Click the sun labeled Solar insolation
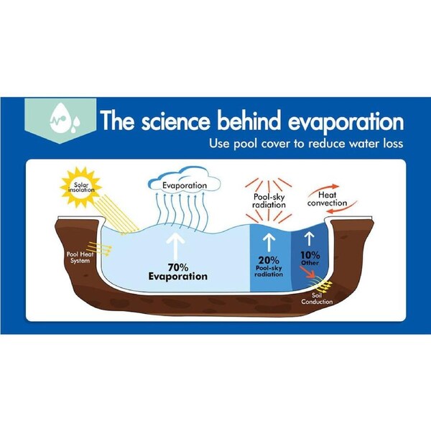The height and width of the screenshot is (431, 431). point(81,187)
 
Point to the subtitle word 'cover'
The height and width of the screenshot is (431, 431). point(275,144)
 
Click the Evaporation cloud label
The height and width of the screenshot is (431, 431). point(185,185)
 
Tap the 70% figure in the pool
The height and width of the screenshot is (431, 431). point(178,267)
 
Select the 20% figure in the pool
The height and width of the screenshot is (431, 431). point(269,260)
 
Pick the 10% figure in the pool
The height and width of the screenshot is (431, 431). point(310,255)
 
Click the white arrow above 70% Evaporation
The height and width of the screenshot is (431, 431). point(175,246)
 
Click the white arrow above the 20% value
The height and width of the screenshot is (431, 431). point(269,243)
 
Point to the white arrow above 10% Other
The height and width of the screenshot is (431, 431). point(310,238)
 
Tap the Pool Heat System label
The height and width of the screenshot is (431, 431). point(80,257)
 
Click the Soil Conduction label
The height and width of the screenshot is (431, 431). point(317,299)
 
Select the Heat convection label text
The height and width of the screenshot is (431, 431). point(327,199)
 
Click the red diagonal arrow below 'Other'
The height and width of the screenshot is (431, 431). point(307,272)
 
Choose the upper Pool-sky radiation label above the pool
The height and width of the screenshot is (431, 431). point(269,200)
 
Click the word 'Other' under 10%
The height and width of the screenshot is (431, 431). point(310,263)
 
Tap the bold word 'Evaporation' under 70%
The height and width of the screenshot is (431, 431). point(178,277)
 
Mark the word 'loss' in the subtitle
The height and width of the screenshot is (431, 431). point(393,144)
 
